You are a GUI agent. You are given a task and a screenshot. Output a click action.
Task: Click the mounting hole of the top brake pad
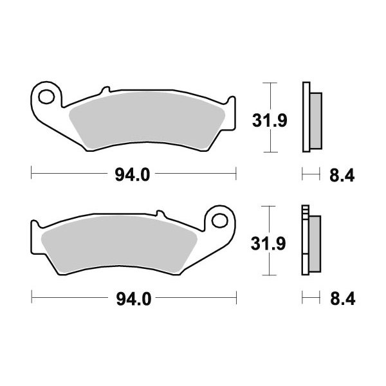tap(46, 96)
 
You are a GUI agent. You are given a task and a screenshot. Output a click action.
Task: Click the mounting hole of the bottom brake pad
tap(219, 220)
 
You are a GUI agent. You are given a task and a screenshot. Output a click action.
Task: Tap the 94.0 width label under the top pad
tap(133, 175)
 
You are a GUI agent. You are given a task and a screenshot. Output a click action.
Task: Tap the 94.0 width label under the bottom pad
tap(134, 299)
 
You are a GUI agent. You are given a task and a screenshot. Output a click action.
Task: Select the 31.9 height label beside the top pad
tap(270, 121)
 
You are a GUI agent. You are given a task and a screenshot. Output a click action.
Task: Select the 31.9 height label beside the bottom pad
tap(268, 244)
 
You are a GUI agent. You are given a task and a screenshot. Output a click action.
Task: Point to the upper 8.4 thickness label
tap(342, 176)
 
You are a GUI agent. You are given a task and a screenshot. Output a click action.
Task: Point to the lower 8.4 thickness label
tap(343, 299)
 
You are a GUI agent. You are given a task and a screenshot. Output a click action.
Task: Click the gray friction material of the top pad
tap(147, 121)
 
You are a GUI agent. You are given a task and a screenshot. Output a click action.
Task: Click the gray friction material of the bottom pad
tap(120, 244)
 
